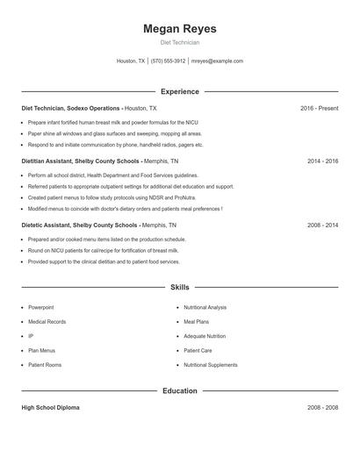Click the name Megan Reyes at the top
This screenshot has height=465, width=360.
179,29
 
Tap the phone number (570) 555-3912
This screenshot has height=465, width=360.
168,61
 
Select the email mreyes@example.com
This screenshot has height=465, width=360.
217,61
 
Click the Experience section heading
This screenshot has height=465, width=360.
179,91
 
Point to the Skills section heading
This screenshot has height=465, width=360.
179,287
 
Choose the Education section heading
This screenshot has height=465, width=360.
179,390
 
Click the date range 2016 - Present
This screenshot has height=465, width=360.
319,108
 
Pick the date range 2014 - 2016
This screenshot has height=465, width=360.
322,161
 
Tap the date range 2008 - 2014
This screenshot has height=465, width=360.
322,225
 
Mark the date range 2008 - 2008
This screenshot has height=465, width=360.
322,408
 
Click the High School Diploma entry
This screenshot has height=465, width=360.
51,408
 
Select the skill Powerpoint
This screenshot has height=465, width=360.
40,308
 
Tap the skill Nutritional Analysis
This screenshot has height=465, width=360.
205,308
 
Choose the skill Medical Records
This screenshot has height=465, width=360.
47,322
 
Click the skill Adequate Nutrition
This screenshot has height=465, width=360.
205,336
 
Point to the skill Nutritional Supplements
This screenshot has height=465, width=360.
210,364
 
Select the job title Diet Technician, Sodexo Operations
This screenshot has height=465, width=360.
71,108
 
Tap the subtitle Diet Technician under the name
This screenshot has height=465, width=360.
179,42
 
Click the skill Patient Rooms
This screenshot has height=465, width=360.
44,364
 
